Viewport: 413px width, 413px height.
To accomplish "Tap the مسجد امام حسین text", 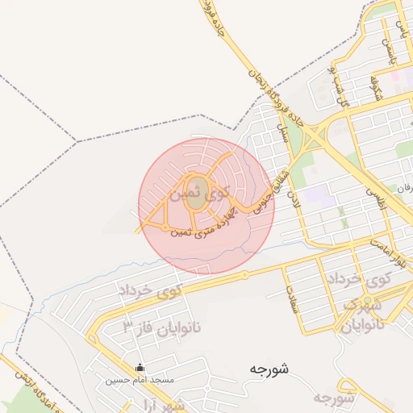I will point(135,379).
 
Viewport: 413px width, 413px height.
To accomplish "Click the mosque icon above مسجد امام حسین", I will point(140,368).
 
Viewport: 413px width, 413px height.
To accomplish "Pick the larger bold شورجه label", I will point(269,369).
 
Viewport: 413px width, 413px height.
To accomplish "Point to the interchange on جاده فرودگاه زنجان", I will point(318,137).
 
